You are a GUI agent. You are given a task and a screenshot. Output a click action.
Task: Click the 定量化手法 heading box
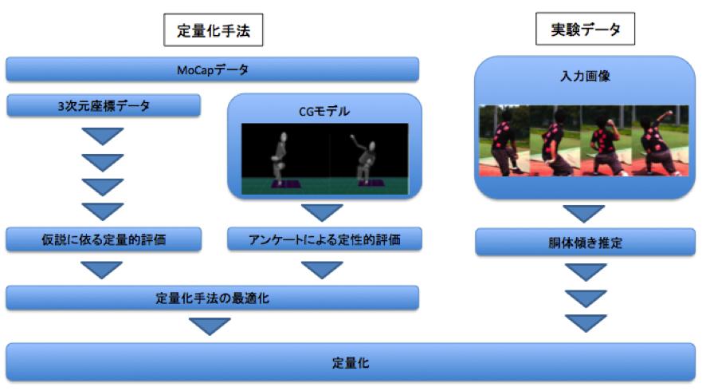coord(213,30)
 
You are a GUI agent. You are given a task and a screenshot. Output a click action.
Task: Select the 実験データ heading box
coord(585,29)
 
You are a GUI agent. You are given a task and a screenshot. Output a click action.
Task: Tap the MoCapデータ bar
coord(212,69)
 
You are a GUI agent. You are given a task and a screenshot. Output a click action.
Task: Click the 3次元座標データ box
coord(103,105)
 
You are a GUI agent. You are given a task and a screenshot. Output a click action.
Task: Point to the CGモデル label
coord(324,111)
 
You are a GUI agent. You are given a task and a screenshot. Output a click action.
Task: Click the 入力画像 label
coord(585,76)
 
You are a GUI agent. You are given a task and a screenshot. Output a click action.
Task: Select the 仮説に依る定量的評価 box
coord(103,239)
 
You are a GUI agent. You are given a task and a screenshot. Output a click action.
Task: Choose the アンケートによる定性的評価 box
coord(324,239)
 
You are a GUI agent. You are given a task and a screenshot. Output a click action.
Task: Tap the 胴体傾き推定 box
coord(585,242)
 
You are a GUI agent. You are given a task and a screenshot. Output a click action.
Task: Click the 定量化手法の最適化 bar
coord(212,298)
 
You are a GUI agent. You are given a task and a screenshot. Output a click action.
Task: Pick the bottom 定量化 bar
coord(351,362)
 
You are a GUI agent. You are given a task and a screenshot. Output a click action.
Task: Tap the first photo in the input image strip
coord(504,140)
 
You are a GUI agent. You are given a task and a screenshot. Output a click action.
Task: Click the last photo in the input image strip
coord(660,140)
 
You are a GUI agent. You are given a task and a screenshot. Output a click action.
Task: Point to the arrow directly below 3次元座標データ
coord(103,136)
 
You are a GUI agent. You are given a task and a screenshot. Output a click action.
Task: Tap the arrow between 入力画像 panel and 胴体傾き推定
coord(584,214)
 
